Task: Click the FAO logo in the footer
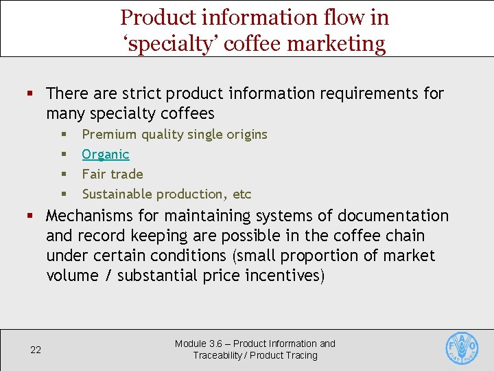coord(462,348)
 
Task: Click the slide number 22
coord(36,350)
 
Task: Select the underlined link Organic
coord(106,154)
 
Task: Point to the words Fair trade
coord(113,174)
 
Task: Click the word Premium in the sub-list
coord(109,134)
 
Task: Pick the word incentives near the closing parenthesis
coord(281,276)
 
